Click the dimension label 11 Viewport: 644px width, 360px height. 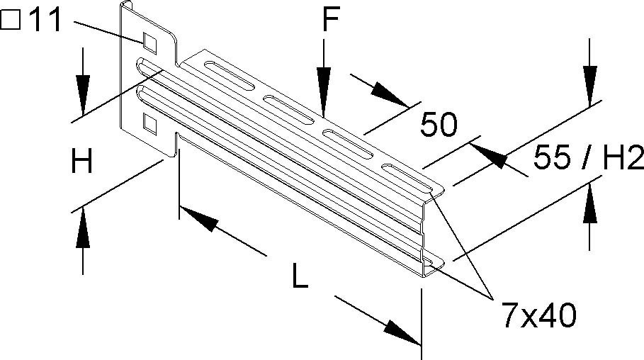(x=45, y=21)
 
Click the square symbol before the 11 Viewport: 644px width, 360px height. (x=10, y=21)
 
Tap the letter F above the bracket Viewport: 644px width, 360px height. (x=330, y=20)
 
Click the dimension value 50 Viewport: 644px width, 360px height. (x=439, y=125)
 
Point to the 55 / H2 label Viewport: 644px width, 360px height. (x=588, y=157)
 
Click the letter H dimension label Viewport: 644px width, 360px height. (x=81, y=162)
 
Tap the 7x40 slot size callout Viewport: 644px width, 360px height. (x=539, y=315)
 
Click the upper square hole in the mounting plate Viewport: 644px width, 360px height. (x=149, y=43)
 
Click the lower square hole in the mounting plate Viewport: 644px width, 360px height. (x=149, y=124)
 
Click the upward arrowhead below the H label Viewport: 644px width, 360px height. (x=83, y=227)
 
